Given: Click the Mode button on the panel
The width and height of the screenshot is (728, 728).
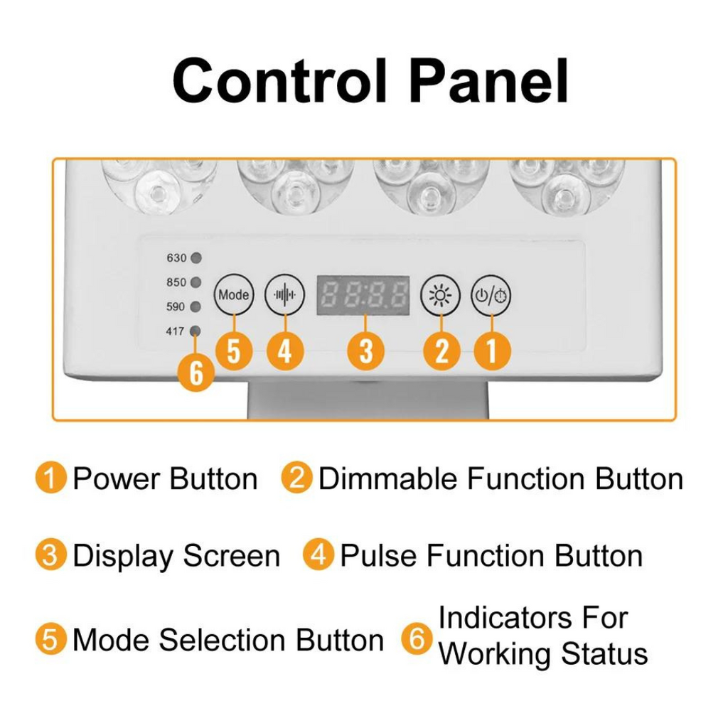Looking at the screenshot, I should [233, 294].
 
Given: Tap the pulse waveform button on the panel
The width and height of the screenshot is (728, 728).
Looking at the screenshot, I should [284, 294].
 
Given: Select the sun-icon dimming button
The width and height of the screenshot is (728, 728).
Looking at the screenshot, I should [441, 294].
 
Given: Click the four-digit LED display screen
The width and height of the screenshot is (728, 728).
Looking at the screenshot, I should [363, 294].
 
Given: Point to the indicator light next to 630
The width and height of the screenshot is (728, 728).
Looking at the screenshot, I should [196, 258].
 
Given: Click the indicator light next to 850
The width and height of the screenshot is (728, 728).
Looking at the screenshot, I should [196, 282].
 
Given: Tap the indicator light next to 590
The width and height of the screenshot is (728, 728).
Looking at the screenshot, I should [196, 306].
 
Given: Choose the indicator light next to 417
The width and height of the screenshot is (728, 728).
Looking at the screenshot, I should [196, 331].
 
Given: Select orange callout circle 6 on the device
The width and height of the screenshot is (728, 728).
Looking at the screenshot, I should [196, 373].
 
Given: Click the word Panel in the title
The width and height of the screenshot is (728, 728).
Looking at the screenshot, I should [490, 81].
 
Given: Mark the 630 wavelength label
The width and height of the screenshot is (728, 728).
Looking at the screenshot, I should [176, 258].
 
